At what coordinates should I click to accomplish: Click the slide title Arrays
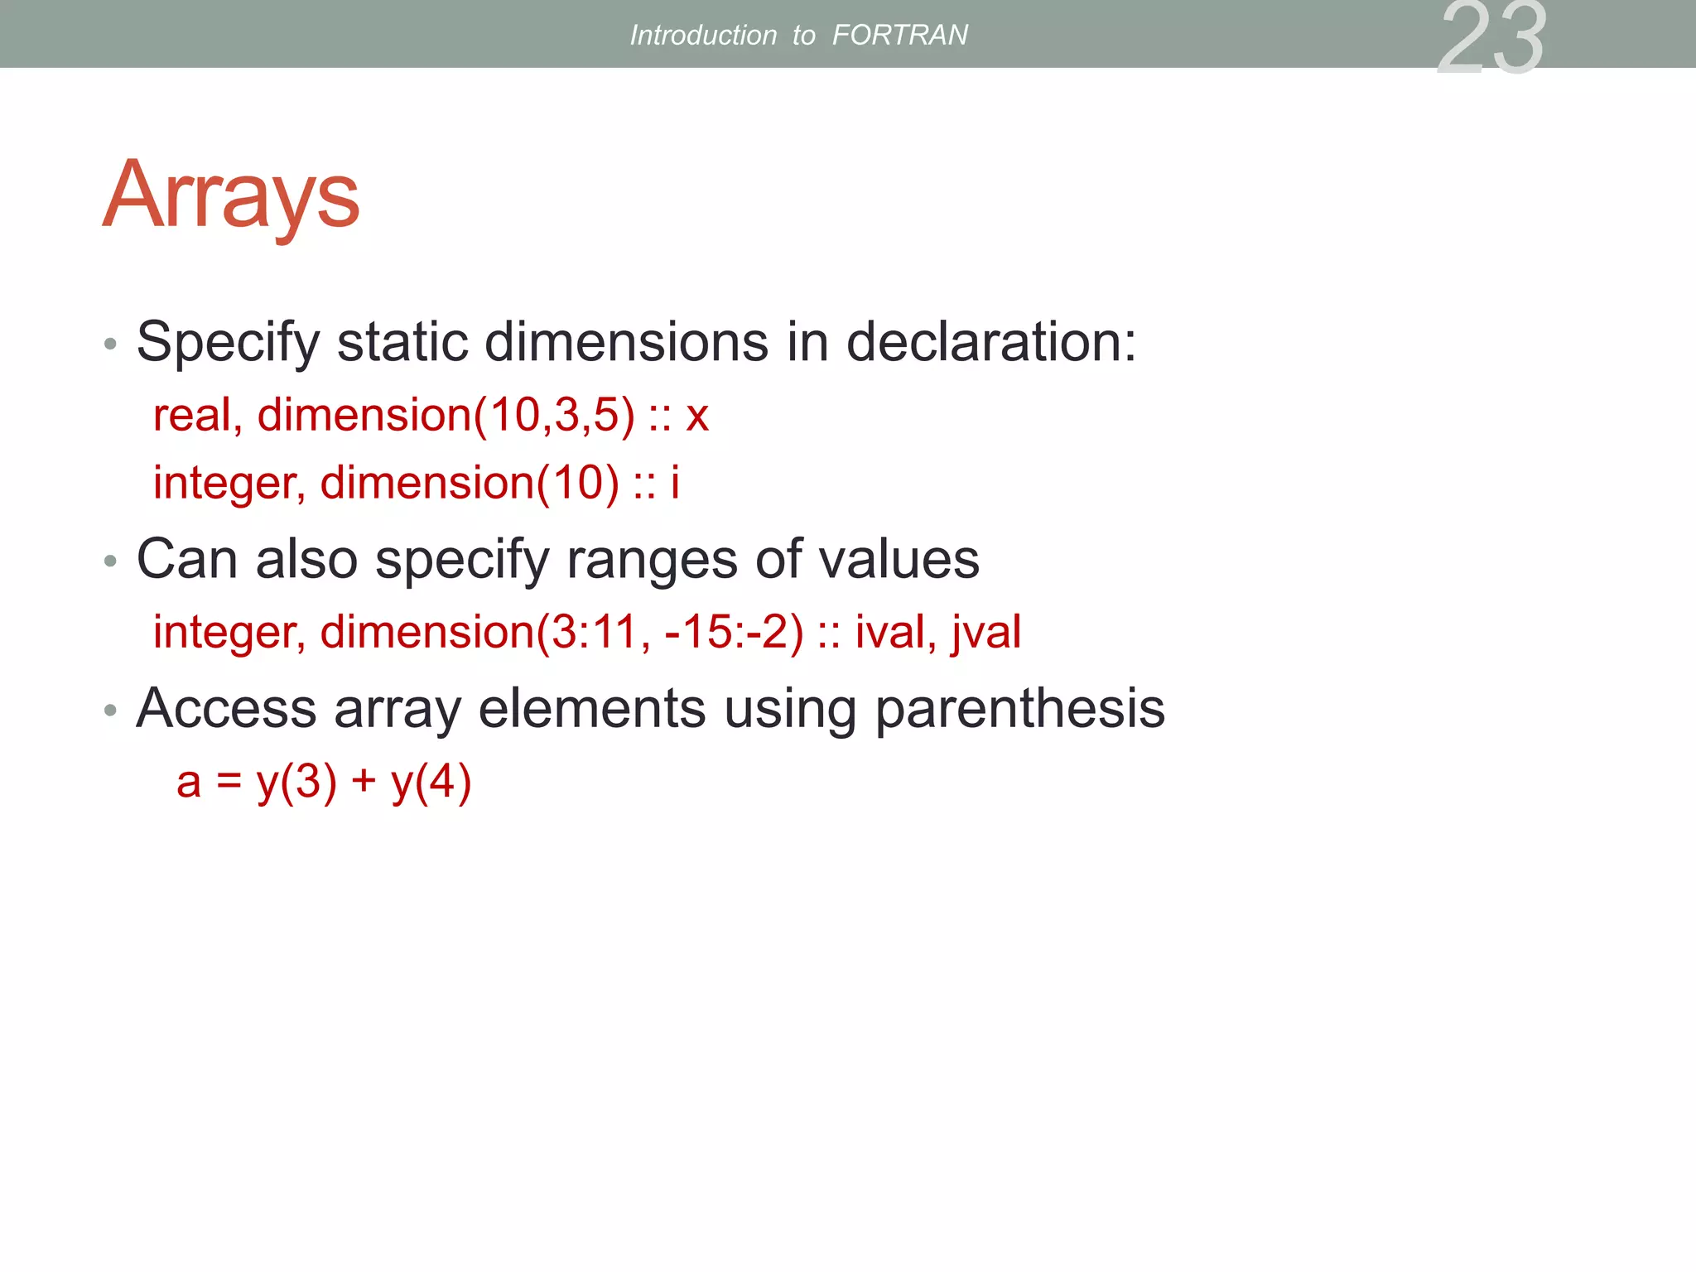(231, 196)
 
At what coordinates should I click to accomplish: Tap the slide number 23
(1491, 38)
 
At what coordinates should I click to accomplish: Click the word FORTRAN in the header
(899, 35)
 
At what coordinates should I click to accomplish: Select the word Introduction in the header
(703, 35)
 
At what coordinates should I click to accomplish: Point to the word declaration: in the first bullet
(991, 341)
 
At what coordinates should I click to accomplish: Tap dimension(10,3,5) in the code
(446, 415)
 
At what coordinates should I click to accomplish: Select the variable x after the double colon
(697, 417)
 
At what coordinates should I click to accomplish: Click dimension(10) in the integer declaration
(470, 483)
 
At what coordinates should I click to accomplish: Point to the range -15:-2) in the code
(734, 632)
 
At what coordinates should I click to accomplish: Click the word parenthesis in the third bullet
(1019, 710)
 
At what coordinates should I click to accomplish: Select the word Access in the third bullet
(226, 709)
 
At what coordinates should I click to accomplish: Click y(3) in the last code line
(296, 782)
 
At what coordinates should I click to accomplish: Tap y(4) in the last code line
(431, 782)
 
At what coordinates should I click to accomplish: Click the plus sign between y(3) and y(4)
(364, 782)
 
